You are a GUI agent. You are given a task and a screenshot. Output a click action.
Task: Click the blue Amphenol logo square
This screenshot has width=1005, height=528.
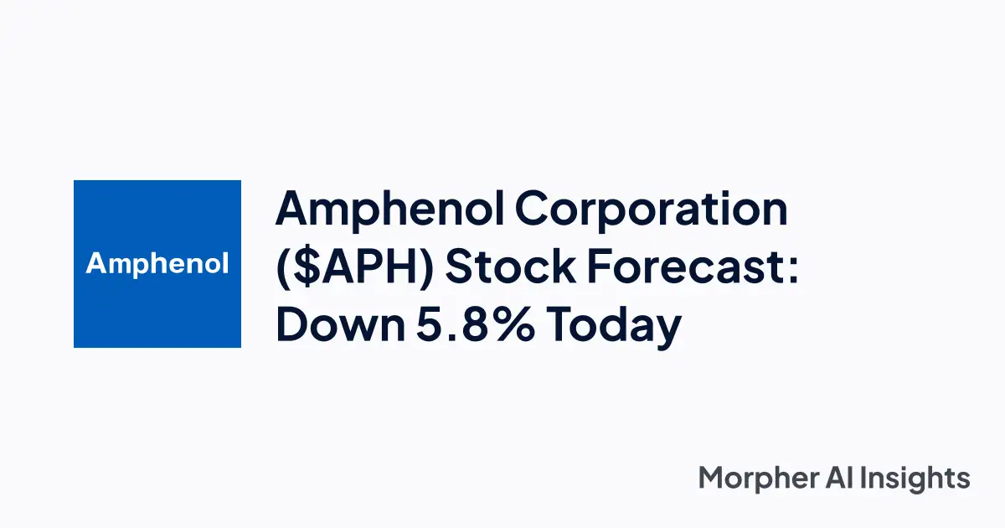157,264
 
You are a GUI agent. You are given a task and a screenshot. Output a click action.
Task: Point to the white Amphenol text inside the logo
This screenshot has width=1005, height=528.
157,265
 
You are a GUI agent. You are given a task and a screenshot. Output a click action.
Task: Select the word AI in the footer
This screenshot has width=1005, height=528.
840,478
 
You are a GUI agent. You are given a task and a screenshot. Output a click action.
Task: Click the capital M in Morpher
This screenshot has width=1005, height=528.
713,478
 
